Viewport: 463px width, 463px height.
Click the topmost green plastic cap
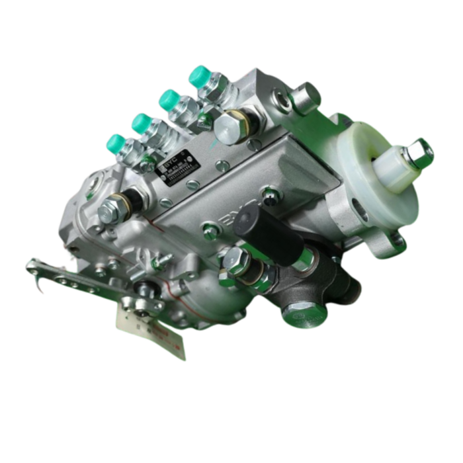tap(198, 75)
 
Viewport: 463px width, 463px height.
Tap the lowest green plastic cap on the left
tap(116, 142)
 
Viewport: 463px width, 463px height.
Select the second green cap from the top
tap(169, 99)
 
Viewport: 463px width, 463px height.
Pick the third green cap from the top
tap(142, 122)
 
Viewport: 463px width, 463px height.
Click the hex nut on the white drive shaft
tap(418, 153)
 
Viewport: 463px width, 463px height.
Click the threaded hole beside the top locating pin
tap(283, 99)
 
